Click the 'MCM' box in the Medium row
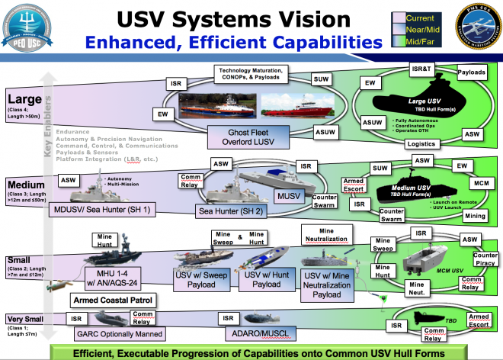[482, 185]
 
